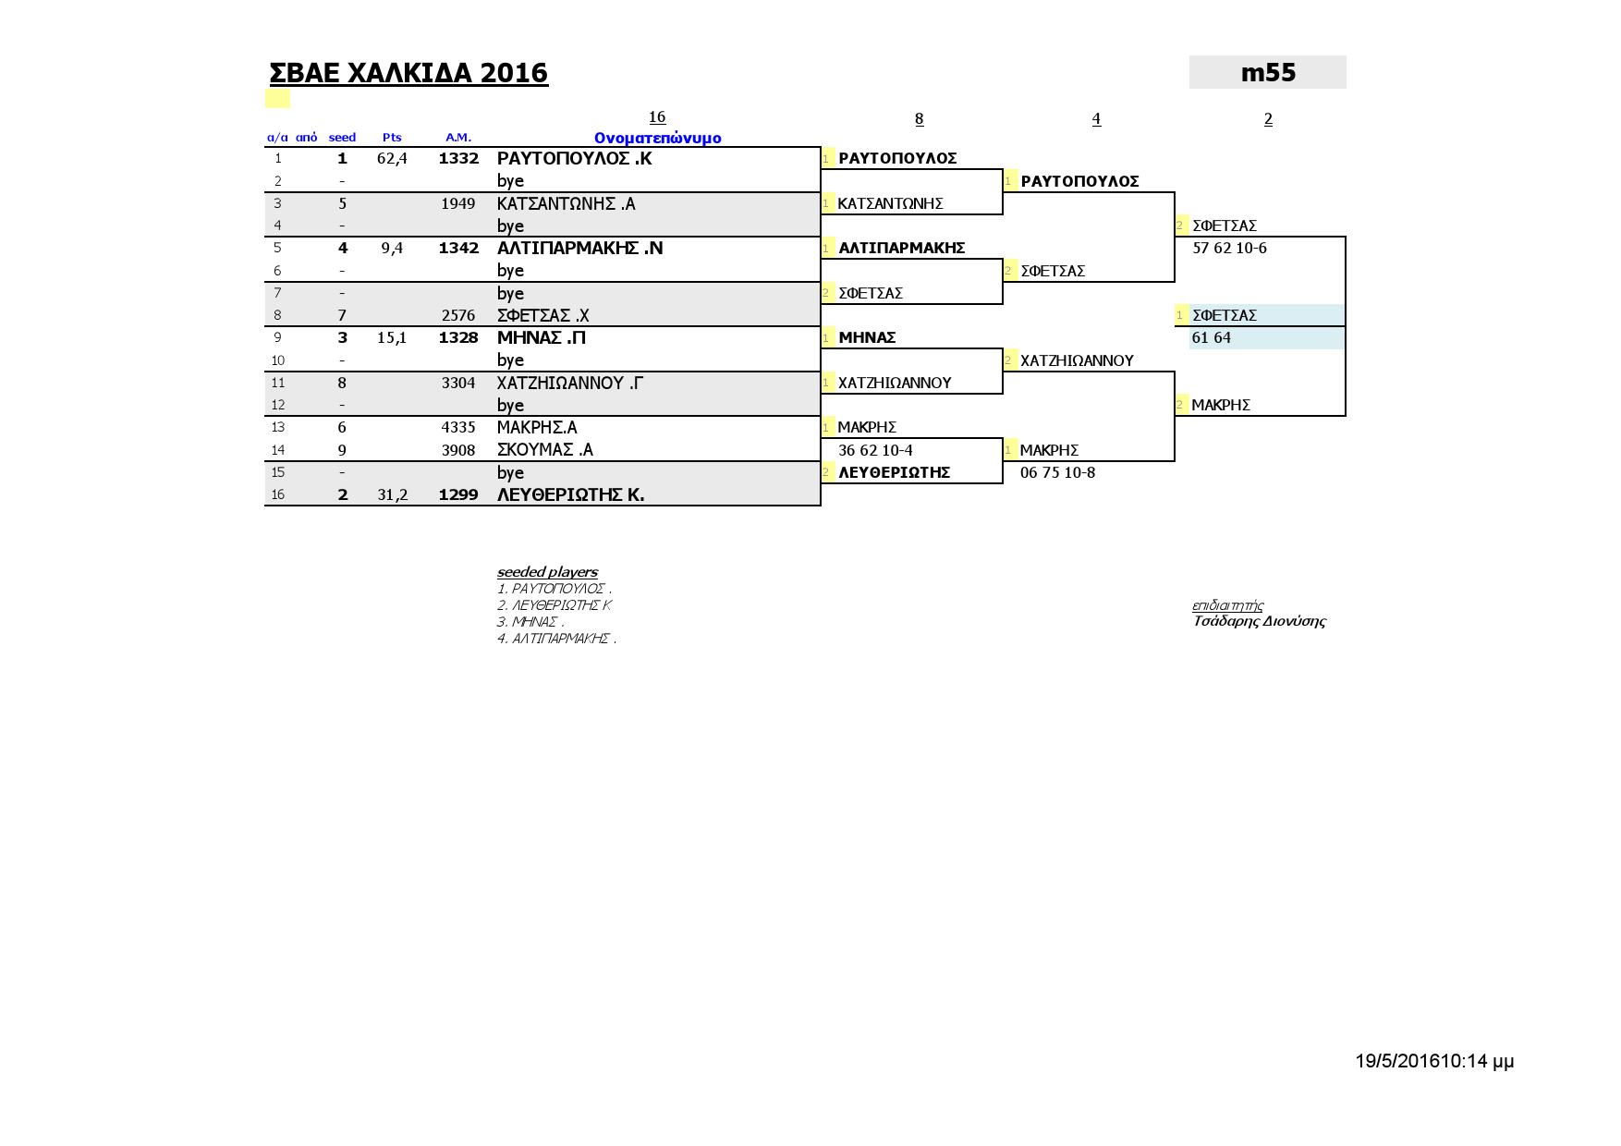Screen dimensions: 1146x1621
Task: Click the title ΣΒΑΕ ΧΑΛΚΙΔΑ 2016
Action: click(x=408, y=73)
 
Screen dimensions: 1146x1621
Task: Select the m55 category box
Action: click(x=1267, y=73)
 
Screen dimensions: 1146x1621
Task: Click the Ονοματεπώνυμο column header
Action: click(x=657, y=138)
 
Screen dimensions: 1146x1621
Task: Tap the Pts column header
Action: click(x=392, y=138)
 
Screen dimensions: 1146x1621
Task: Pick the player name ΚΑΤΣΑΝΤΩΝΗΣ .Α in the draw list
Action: click(x=566, y=203)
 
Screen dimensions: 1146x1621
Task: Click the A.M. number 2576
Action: click(x=458, y=315)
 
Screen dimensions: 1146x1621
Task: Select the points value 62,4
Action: click(x=392, y=158)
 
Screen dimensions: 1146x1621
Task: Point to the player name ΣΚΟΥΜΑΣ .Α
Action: click(x=544, y=450)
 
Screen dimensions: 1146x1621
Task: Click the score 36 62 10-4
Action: click(x=875, y=450)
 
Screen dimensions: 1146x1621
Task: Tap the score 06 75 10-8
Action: click(x=1057, y=472)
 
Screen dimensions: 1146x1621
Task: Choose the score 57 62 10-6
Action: click(x=1229, y=248)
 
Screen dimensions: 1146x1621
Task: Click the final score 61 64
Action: click(x=1211, y=337)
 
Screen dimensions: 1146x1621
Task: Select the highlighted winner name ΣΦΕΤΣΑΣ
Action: click(x=1224, y=315)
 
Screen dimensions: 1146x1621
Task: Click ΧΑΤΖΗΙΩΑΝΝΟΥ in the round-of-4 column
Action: click(x=1077, y=360)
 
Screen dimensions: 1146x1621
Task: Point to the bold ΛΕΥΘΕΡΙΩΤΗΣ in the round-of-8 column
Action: click(x=894, y=472)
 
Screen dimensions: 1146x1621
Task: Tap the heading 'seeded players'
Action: click(x=547, y=572)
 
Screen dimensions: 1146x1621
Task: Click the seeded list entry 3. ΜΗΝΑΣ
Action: click(x=530, y=622)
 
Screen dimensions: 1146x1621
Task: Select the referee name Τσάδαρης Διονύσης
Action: click(x=1259, y=621)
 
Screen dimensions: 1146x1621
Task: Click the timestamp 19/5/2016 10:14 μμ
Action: click(x=1434, y=1061)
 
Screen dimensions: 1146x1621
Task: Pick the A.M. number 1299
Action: click(x=458, y=494)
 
